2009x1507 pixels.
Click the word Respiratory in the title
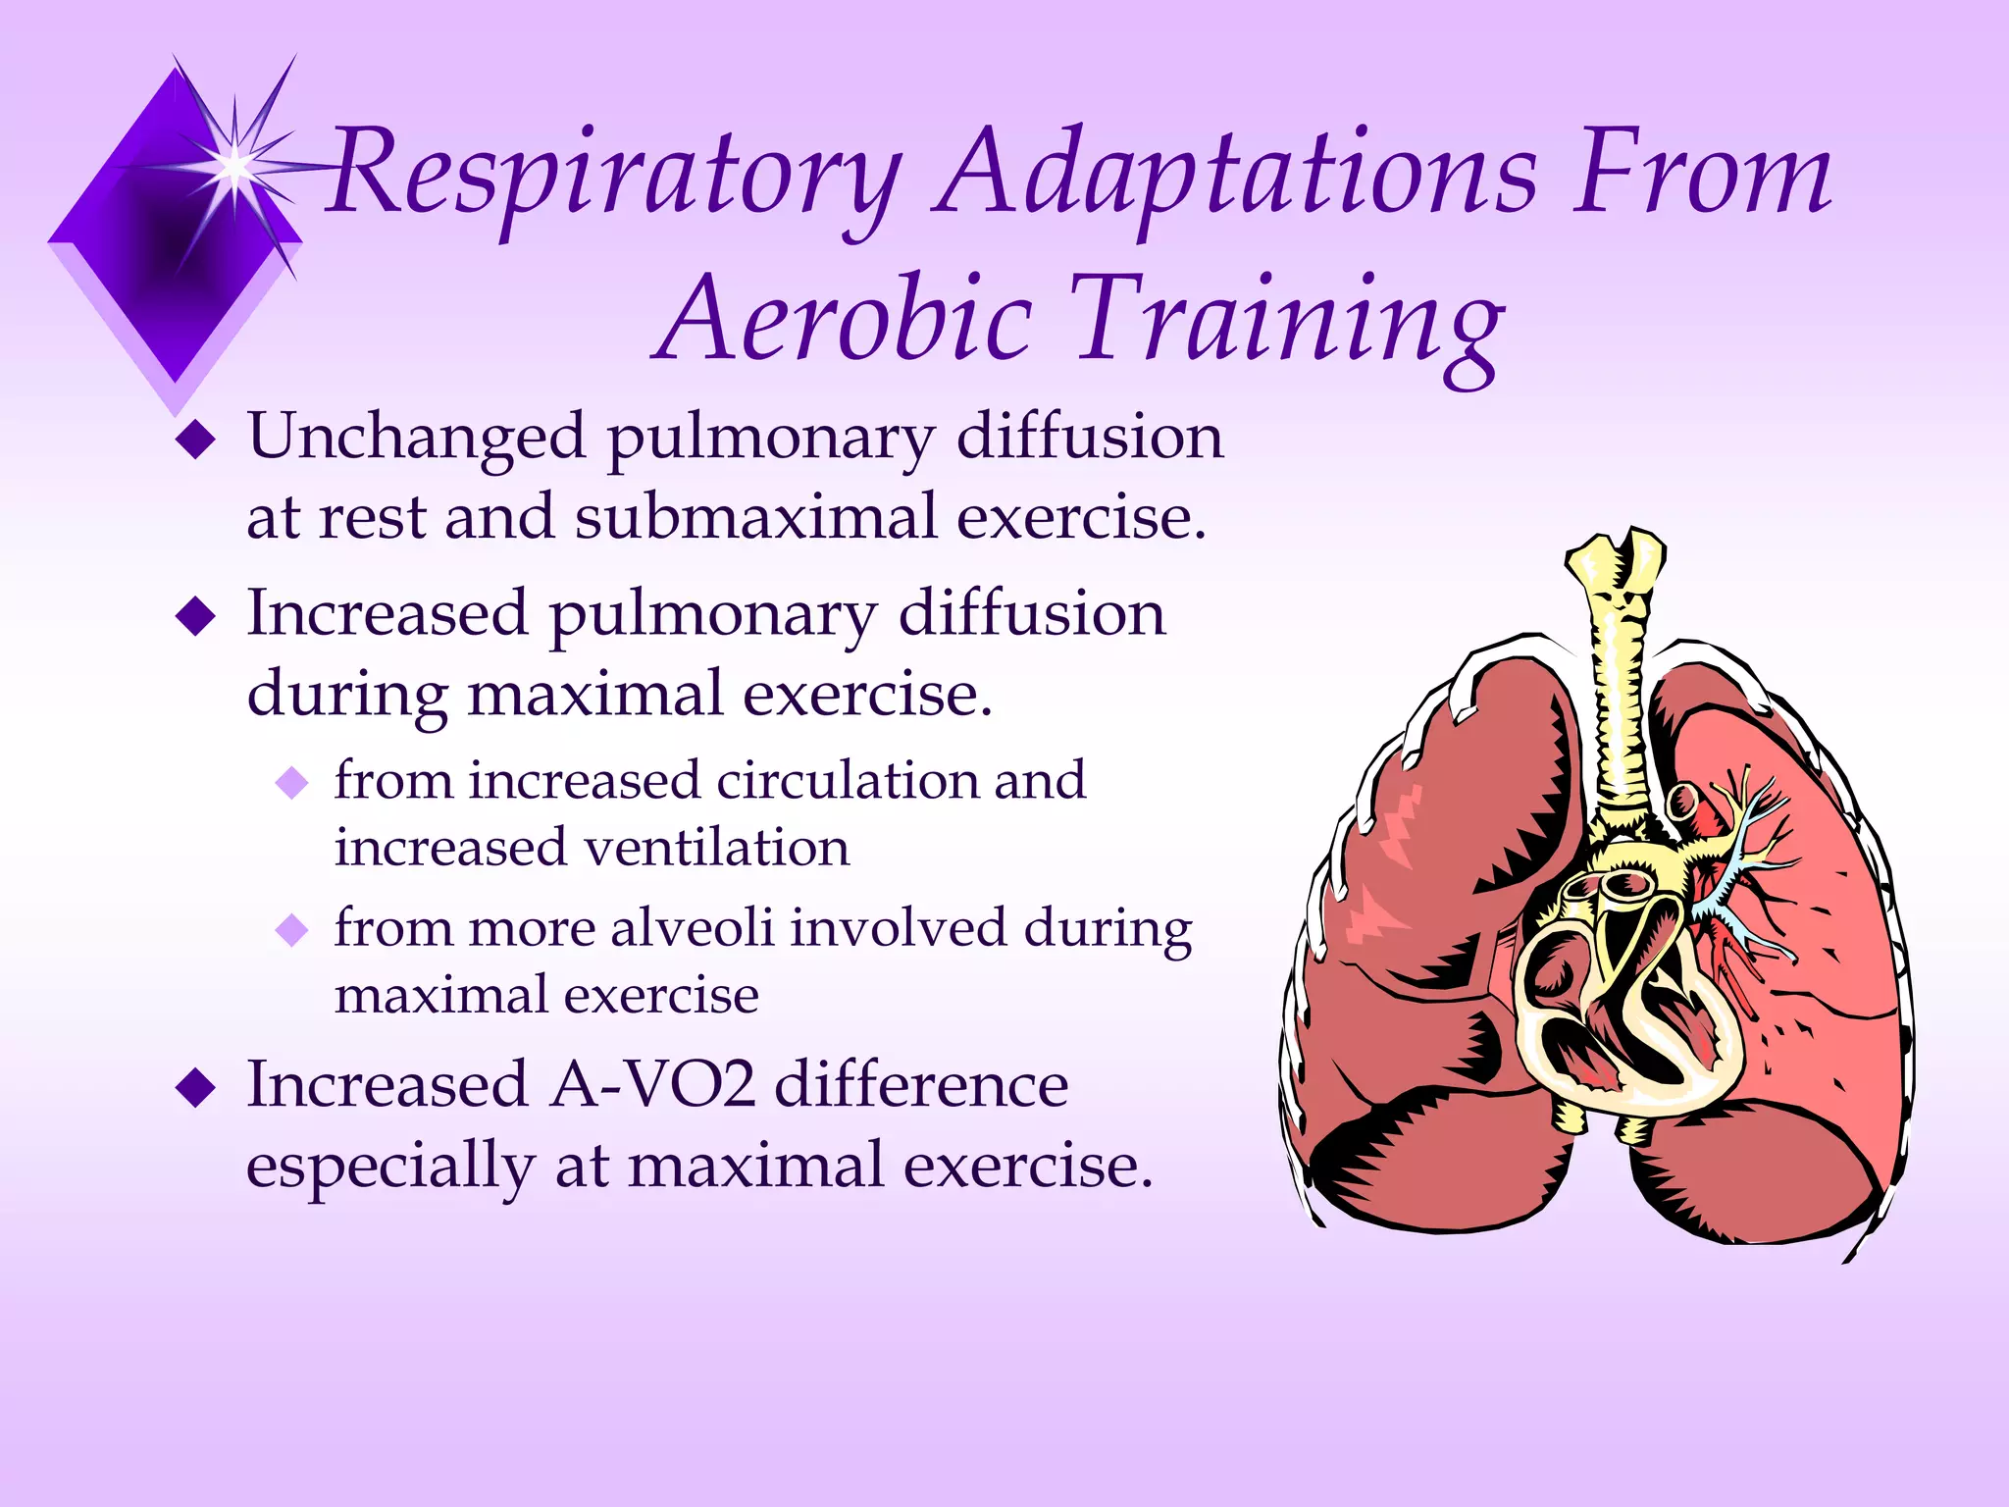613,175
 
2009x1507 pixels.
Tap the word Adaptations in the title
1235,175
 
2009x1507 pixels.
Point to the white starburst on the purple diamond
235,167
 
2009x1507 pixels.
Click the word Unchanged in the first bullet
416,437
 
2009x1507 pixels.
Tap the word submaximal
755,517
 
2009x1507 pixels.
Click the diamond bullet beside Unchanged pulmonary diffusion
196,441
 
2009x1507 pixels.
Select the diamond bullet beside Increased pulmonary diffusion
196,617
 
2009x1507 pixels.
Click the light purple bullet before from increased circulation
291,783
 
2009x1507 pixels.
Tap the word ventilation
716,847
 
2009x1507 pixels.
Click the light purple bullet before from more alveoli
291,929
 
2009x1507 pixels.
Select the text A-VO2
652,1085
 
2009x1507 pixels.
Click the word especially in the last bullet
389,1167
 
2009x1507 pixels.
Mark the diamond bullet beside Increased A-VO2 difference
196,1088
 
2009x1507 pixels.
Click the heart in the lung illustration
1628,1001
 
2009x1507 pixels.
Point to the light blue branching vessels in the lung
1746,854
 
